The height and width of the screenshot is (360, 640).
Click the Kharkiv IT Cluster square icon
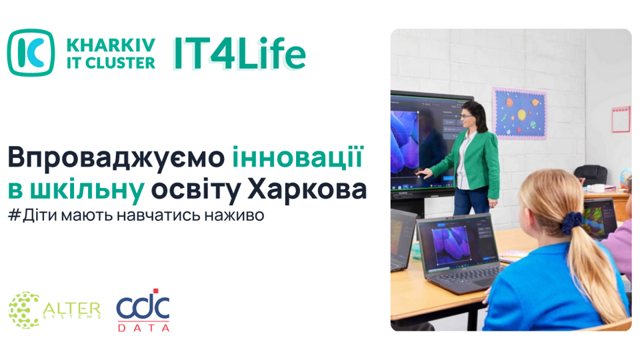click(31, 53)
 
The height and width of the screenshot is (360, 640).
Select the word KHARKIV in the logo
click(111, 45)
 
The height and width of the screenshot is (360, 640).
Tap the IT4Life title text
click(239, 54)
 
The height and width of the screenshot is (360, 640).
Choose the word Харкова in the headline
click(307, 190)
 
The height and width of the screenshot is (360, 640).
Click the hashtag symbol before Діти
click(14, 215)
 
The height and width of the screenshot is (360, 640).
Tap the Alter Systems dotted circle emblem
click(25, 310)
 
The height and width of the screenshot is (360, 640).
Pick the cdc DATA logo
click(143, 310)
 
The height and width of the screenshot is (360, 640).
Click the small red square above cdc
click(155, 291)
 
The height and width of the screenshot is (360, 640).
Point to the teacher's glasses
click(465, 116)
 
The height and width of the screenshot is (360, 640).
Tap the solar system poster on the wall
click(519, 113)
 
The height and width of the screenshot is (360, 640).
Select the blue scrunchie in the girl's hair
click(571, 223)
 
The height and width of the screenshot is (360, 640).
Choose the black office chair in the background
click(591, 175)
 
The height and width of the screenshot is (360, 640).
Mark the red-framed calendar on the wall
click(621, 119)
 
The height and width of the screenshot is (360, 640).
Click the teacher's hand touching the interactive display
click(424, 174)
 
